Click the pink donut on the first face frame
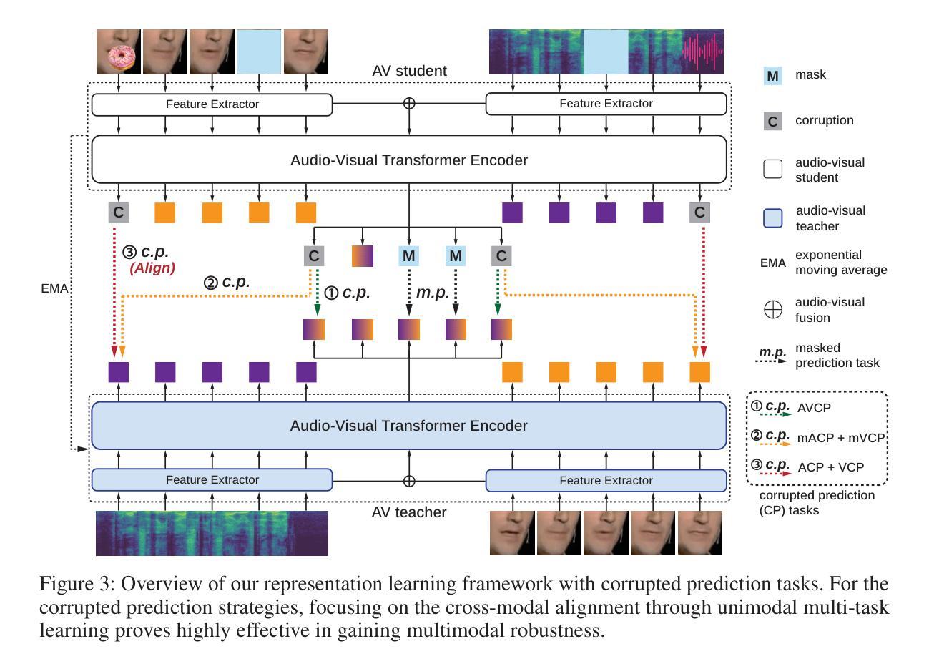121,58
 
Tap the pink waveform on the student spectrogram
702,52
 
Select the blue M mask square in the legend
772,76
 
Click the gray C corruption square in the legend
772,121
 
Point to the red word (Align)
152,268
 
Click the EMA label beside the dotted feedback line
54,288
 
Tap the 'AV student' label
409,71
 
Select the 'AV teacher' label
408,512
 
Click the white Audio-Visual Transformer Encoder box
409,160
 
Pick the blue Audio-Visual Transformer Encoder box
409,425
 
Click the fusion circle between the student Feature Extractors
409,103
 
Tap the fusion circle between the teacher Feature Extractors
409,481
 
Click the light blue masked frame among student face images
259,52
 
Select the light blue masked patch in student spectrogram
606,52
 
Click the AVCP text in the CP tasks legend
814,408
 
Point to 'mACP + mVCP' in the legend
840,438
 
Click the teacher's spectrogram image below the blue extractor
212,533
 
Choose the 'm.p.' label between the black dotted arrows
433,292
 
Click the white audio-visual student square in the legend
772,169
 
